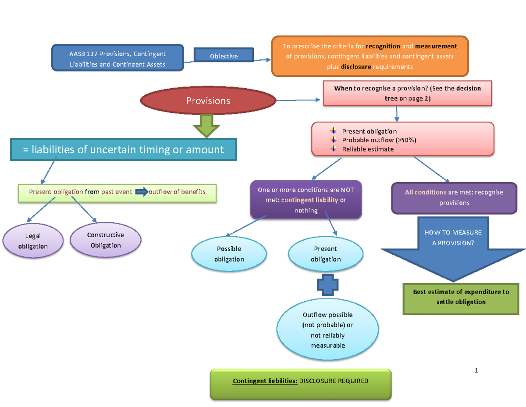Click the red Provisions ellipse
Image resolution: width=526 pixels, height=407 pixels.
point(208,101)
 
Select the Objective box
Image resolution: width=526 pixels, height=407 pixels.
point(224,56)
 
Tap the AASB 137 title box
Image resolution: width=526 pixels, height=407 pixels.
point(117,59)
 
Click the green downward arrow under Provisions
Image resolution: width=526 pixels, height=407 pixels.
point(206,126)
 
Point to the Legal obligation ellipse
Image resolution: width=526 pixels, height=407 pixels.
point(33,241)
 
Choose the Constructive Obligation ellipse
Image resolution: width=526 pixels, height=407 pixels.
point(106,240)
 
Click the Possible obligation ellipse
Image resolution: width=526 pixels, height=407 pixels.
point(229,254)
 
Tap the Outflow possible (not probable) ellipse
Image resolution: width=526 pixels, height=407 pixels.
point(327,330)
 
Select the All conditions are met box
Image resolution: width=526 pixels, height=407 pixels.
point(454,198)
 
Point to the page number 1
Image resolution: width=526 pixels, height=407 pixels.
point(476,371)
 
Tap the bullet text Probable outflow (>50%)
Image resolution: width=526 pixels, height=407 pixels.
point(379,140)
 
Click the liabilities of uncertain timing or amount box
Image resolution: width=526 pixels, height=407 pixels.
point(124,150)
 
